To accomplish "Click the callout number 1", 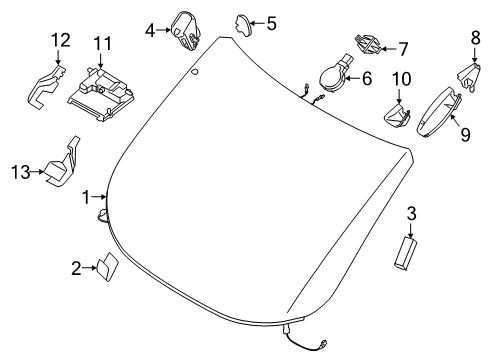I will point(87,196).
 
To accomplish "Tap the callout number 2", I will point(76,267).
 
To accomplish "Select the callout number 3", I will point(412,214).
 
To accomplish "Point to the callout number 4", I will point(150,30).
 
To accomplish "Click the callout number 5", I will point(270,21).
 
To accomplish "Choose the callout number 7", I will point(403,47).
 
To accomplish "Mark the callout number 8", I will point(476,39).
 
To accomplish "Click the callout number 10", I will point(400,78).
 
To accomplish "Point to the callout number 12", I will point(61,40).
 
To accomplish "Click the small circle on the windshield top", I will point(195,72).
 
